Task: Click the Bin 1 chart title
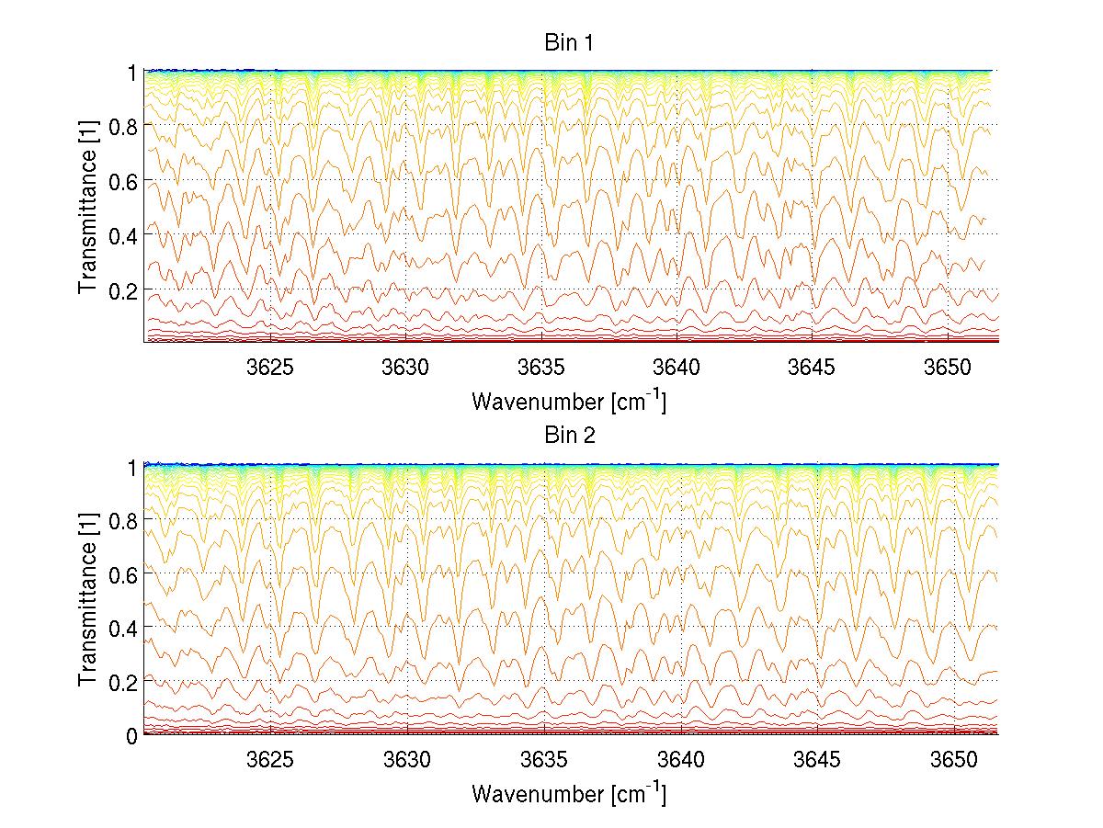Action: point(570,43)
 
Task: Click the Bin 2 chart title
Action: point(570,436)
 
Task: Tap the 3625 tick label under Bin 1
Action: point(271,367)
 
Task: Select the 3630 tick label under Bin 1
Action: point(406,367)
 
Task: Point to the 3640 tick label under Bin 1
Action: point(677,367)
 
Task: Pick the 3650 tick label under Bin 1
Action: point(949,367)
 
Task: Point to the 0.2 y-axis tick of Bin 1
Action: point(122,289)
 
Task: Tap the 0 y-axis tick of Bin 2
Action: point(131,735)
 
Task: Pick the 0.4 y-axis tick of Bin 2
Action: point(122,628)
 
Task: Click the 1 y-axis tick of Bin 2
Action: point(131,466)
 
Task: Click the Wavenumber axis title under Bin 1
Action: point(569,401)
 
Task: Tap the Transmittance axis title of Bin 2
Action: point(87,601)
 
